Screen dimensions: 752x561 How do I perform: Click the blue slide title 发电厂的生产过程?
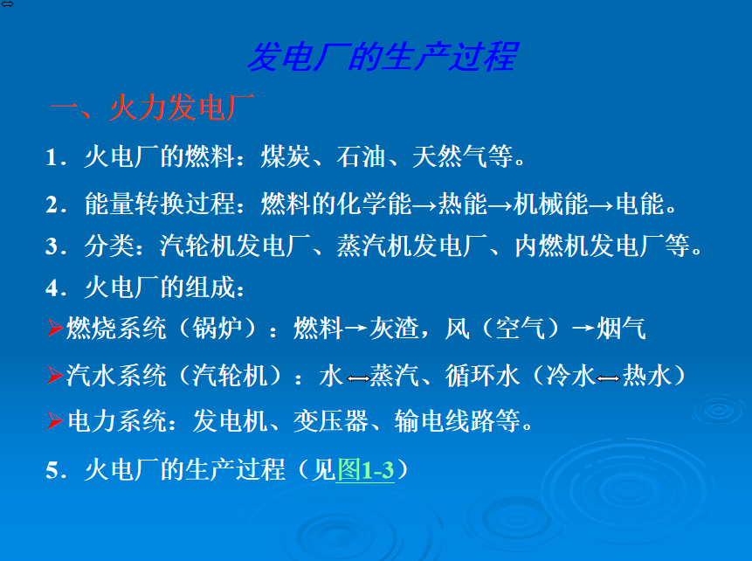[x=383, y=57]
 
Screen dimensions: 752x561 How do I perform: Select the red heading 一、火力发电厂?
[x=152, y=107]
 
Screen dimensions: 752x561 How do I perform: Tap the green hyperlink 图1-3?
[x=365, y=469]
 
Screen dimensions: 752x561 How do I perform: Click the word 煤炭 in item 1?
[x=286, y=156]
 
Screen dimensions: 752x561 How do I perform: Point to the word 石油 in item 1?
[x=361, y=156]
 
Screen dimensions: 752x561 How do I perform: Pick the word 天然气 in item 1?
[x=451, y=156]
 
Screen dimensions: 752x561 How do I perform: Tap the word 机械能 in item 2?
[x=550, y=204]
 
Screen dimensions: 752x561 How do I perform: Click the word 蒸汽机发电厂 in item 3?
[x=411, y=246]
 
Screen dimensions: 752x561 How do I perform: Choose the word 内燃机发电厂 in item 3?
[x=589, y=246]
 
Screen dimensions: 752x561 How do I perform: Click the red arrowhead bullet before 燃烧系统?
[x=55, y=329]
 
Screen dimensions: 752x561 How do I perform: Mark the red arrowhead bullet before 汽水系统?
[x=55, y=375]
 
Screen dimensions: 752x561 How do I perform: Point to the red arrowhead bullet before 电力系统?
[x=55, y=421]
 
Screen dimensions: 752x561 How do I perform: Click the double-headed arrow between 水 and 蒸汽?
[x=358, y=378]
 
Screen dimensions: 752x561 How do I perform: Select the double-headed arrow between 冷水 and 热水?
[x=608, y=378]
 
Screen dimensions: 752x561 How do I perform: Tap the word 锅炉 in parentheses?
[x=217, y=329]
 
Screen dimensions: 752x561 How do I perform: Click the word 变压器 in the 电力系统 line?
[x=331, y=421]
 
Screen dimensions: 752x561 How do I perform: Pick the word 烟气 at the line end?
[x=621, y=329]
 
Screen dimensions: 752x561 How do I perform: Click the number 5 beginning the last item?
[x=52, y=470]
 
